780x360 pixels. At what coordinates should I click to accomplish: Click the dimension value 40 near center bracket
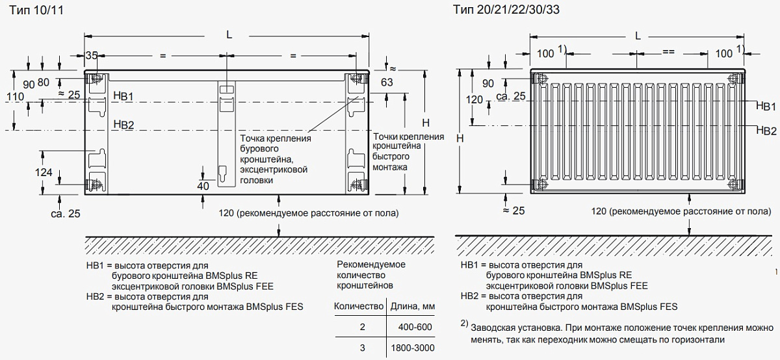click(x=203, y=186)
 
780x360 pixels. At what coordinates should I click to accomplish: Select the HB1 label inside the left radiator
click(x=123, y=96)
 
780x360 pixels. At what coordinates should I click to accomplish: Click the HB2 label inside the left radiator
click(x=123, y=125)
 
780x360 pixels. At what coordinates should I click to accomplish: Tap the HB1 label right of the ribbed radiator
click(x=766, y=105)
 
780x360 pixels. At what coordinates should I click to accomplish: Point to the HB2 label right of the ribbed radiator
click(x=766, y=131)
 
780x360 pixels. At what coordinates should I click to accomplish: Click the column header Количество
click(x=356, y=305)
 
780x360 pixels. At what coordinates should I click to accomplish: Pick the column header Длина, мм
click(x=411, y=305)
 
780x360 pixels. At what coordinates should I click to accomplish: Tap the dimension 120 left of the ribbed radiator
click(x=475, y=99)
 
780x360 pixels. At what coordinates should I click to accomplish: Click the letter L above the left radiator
click(x=229, y=35)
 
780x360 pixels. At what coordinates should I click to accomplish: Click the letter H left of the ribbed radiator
click(x=460, y=138)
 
